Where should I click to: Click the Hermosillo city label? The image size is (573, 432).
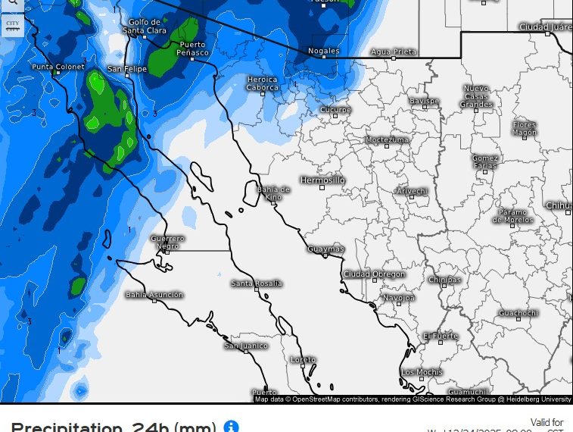[x=322, y=180]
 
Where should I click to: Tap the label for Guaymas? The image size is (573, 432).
[x=326, y=249]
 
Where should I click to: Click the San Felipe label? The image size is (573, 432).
[x=126, y=69]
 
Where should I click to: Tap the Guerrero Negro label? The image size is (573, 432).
[x=168, y=242]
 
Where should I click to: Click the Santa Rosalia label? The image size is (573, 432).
[x=257, y=283]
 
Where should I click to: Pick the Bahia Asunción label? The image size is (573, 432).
[x=154, y=294]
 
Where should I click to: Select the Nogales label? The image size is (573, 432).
[x=323, y=51]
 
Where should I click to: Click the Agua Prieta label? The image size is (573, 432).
[x=394, y=52]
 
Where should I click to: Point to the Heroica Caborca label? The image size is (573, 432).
[x=263, y=83]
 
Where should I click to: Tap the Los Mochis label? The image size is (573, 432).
[x=422, y=371]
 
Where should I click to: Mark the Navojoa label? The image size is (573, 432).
[x=398, y=298]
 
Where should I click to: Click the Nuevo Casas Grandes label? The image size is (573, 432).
[x=477, y=97]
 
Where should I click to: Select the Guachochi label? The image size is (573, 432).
[x=519, y=313]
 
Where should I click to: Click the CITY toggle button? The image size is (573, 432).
[x=12, y=25]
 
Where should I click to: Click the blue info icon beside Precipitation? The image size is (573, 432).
[x=232, y=427]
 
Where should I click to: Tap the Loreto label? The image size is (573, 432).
[x=304, y=359]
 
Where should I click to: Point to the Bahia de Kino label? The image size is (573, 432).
[x=273, y=193]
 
